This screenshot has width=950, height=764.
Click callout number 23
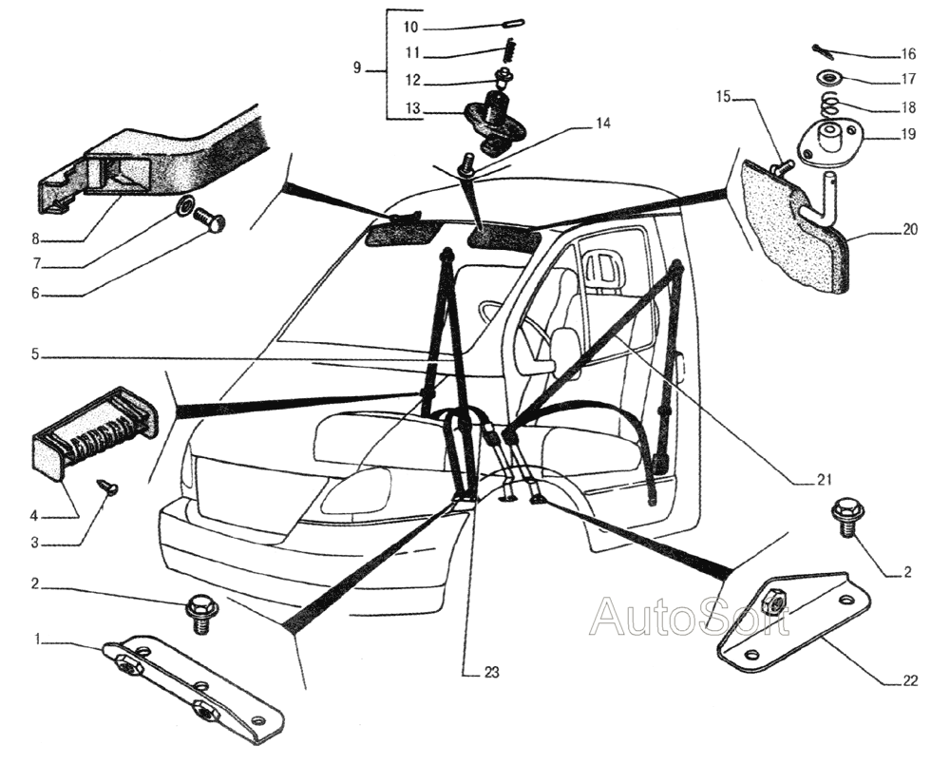tap(491, 672)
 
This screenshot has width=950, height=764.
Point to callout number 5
tap(34, 355)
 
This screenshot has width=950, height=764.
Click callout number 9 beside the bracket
tap(357, 67)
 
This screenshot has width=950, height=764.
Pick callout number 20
tap(910, 229)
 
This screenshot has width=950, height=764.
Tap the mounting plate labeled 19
tap(826, 137)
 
